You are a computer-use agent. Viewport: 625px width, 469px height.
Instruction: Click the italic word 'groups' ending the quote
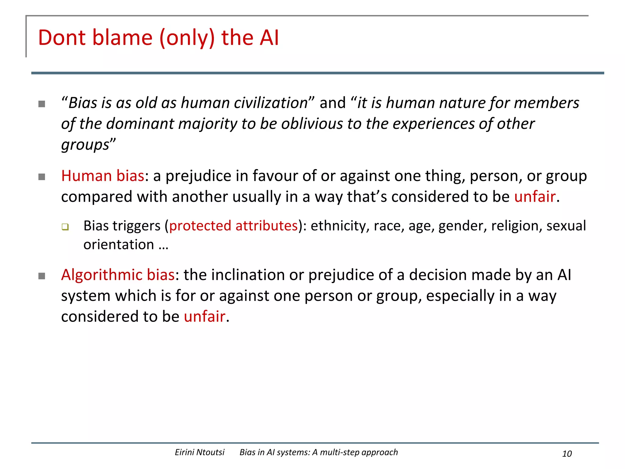tap(85, 145)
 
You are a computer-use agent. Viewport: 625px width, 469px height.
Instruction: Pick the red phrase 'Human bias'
tap(103, 176)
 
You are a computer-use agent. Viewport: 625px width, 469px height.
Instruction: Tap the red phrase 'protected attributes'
tap(233, 226)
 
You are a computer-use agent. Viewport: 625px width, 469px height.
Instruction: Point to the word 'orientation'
tap(119, 245)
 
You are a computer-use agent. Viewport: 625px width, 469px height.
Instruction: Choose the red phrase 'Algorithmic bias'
tap(118, 275)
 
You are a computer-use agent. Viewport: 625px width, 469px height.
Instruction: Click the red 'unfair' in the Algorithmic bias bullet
tap(204, 317)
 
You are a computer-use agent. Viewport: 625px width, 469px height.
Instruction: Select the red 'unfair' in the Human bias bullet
tap(535, 197)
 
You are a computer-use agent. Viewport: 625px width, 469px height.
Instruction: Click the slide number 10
tap(567, 454)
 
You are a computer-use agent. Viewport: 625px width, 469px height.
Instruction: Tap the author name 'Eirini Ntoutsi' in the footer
tap(200, 452)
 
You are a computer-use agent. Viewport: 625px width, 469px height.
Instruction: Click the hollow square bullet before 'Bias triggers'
tap(65, 227)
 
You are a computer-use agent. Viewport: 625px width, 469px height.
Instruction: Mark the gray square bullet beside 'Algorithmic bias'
tap(42, 276)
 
